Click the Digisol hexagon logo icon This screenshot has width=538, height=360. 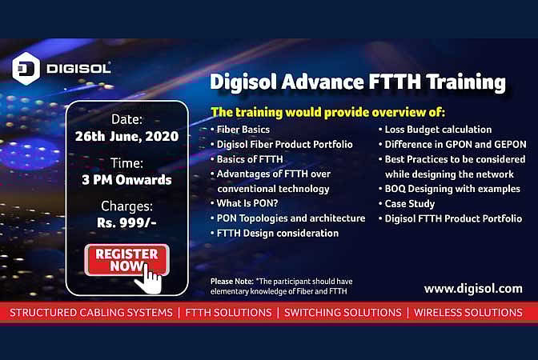25,68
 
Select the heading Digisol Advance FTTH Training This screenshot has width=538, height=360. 357,82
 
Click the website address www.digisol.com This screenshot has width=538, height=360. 472,288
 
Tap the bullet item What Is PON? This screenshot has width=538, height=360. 247,203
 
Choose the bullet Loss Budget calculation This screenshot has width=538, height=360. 449,130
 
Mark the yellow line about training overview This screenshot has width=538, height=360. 327,110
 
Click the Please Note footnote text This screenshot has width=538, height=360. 281,286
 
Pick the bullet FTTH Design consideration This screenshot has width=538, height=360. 277,233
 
